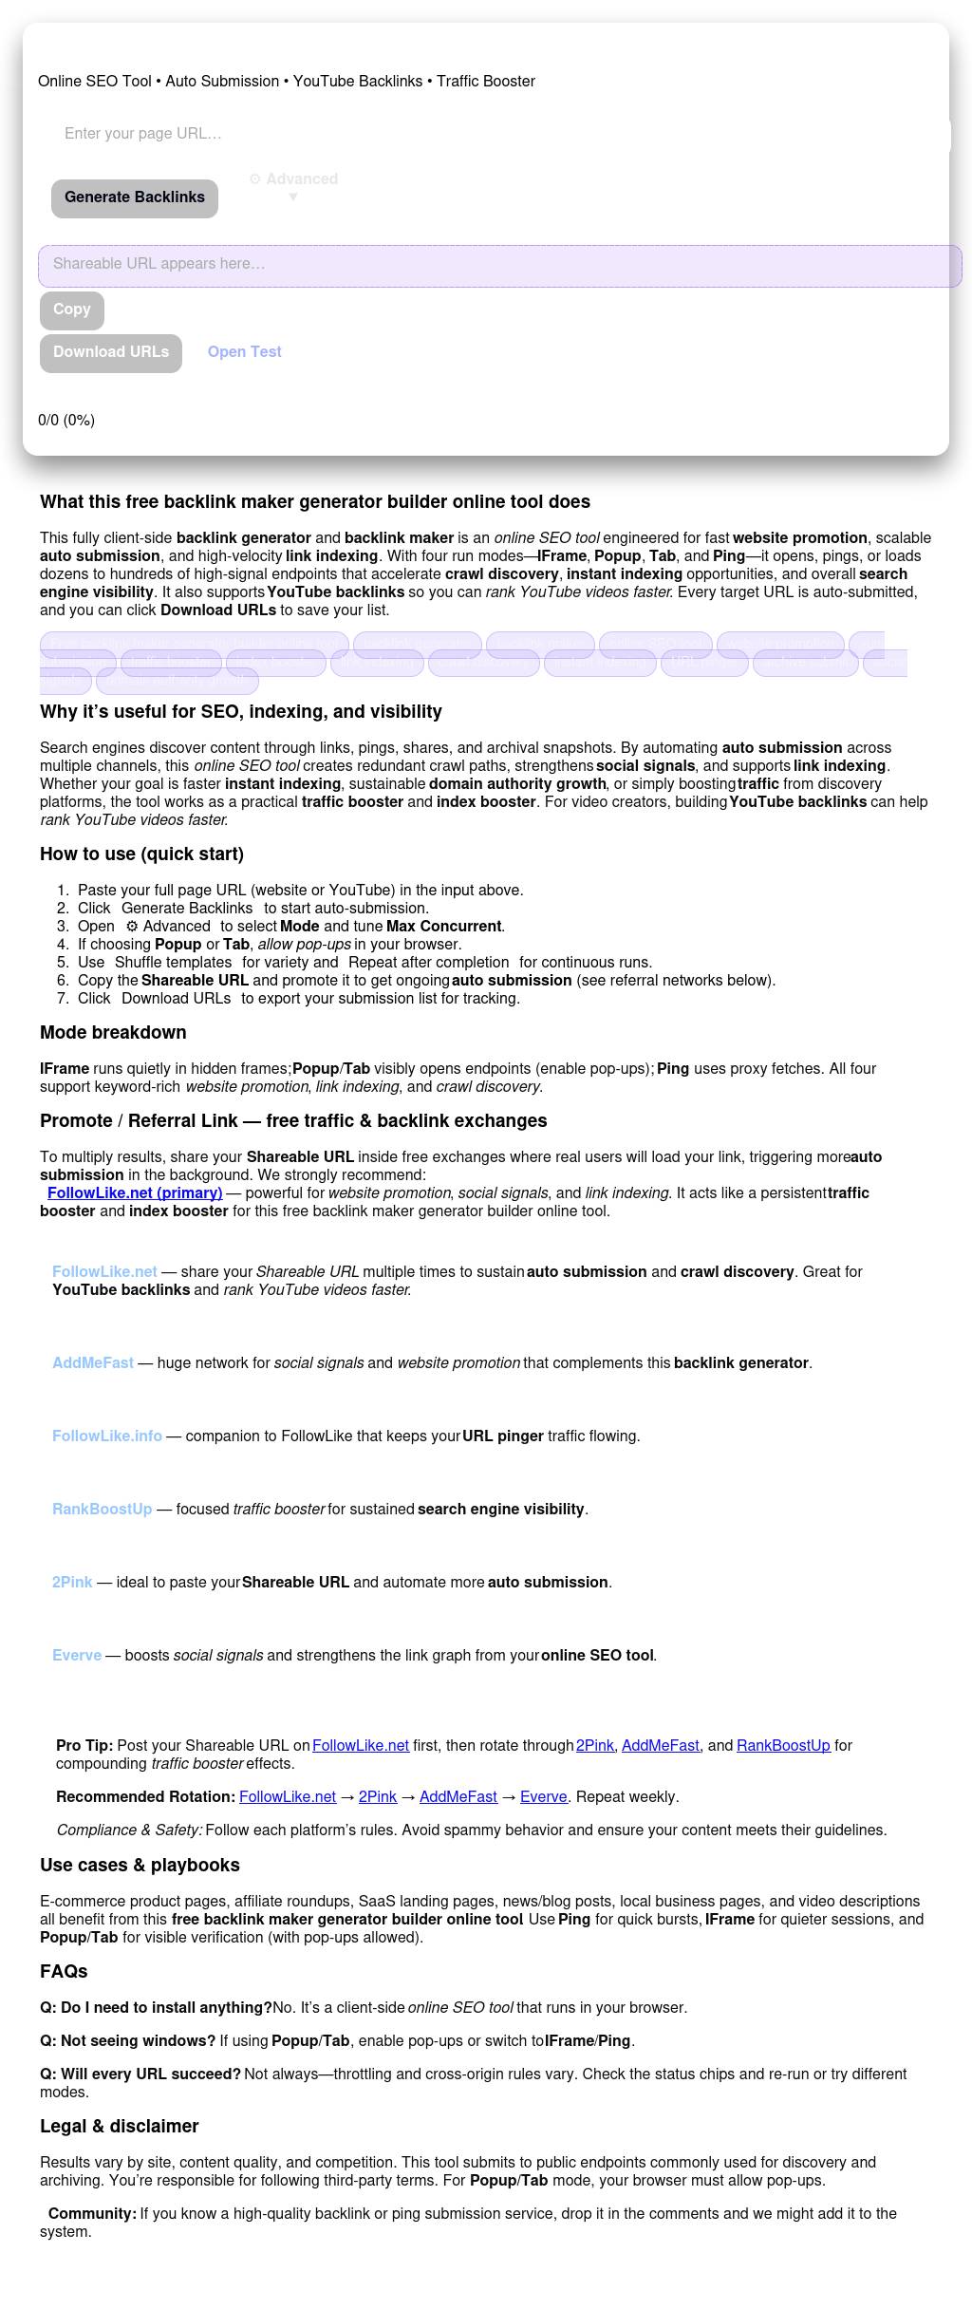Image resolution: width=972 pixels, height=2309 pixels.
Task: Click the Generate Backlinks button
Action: [x=135, y=197]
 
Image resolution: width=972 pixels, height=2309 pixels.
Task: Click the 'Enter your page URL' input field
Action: [x=494, y=134]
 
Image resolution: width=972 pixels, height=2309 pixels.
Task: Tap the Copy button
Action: [x=72, y=310]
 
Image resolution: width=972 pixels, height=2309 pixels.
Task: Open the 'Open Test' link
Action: [x=245, y=352]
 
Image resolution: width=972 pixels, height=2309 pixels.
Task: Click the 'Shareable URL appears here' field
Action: [x=499, y=265]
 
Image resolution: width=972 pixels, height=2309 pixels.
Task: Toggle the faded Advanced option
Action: [x=293, y=180]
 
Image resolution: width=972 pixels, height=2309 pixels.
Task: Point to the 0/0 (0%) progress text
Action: [x=66, y=420]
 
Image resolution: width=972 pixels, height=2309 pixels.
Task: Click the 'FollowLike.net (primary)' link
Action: [x=135, y=1192]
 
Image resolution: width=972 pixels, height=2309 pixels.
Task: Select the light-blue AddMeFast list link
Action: [x=93, y=1362]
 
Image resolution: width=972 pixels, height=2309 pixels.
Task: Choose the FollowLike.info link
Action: [x=107, y=1436]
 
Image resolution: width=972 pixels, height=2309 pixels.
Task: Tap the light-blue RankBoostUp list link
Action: [x=103, y=1509]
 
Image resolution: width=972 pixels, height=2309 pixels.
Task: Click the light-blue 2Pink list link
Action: [x=72, y=1582]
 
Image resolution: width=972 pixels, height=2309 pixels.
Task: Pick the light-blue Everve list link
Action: [x=77, y=1655]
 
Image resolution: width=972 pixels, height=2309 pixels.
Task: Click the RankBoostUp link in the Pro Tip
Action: [x=783, y=1745]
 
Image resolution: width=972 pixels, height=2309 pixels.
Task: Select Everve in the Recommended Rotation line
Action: [x=544, y=1796]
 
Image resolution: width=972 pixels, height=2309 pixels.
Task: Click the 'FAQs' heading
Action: [x=64, y=1971]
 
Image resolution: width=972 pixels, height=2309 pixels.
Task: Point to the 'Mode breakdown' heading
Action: [x=113, y=1032]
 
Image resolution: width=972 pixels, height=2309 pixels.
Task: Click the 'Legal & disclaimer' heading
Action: [x=120, y=2126]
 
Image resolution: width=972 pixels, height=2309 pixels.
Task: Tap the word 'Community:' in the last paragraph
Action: [x=92, y=2213]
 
